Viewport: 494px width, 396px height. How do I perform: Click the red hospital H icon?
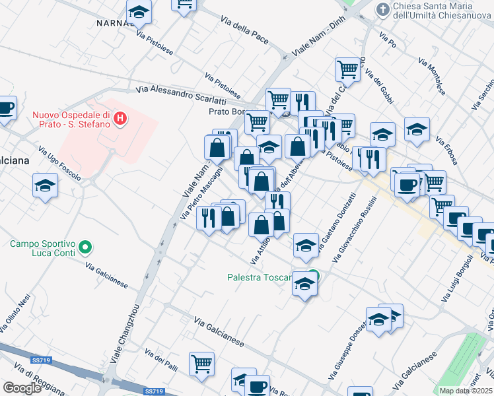tap(120, 119)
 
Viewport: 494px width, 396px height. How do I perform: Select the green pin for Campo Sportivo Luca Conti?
tap(85, 248)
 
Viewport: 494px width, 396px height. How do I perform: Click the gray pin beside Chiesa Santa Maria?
tap(382, 9)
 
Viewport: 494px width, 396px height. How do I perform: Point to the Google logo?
tap(22, 388)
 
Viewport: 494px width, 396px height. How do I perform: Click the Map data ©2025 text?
tap(465, 391)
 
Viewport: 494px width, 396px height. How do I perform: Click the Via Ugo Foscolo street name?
tap(59, 163)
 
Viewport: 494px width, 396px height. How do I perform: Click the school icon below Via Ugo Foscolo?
tap(45, 185)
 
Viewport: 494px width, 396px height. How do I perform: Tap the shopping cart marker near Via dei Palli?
tap(201, 362)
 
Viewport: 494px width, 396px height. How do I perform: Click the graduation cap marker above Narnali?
tap(139, 11)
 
